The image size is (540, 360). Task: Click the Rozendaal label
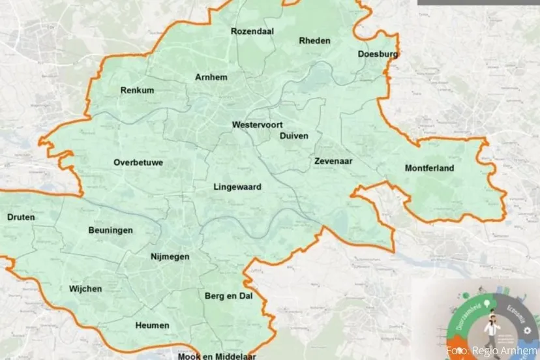252,31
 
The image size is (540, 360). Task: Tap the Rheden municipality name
314,40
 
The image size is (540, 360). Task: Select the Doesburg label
378,54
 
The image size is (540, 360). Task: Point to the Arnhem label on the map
211,77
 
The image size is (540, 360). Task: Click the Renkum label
138,91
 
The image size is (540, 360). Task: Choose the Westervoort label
256,124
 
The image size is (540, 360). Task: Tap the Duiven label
293,136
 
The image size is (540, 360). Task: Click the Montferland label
429,168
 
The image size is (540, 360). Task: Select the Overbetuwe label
138,162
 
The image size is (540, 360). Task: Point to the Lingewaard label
237,187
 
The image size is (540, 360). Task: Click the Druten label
21,217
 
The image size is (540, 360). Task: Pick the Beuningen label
111,230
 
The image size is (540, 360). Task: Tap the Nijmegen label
170,256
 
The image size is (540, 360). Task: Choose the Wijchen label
85,288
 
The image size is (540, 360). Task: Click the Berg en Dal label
228,296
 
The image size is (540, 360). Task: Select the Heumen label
153,325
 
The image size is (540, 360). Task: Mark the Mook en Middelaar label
210,356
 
